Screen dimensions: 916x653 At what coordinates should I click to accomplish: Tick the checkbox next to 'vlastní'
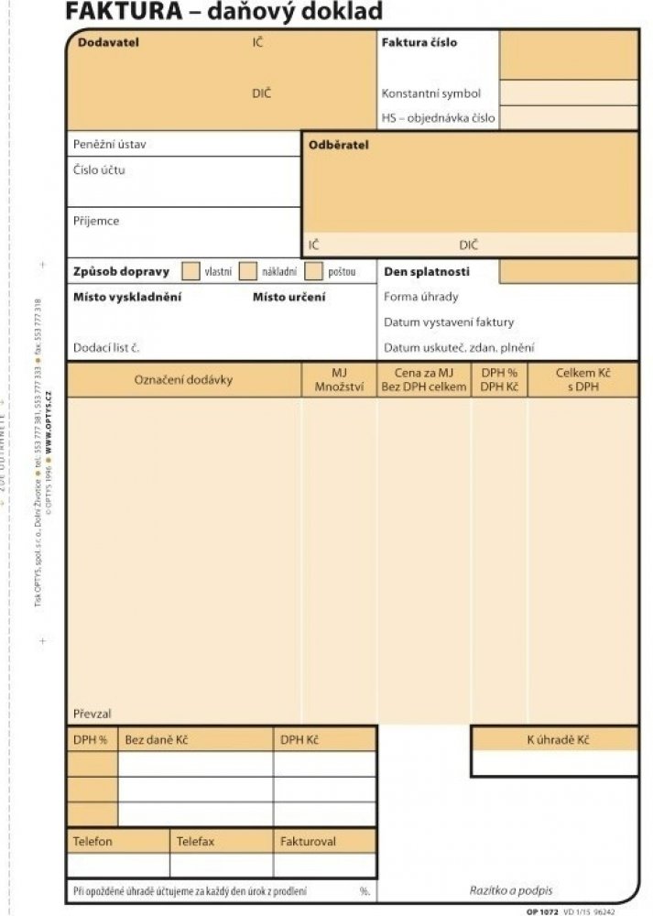click(190, 271)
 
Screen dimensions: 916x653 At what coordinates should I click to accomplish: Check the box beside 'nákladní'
click(247, 271)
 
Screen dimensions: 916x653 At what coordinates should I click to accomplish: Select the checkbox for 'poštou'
click(313, 271)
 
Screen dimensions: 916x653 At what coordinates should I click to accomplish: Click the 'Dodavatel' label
click(108, 43)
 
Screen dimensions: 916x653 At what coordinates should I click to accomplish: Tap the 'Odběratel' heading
click(339, 145)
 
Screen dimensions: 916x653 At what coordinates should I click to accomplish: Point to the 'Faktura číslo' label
click(419, 43)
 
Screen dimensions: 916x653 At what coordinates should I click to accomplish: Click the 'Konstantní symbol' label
click(430, 93)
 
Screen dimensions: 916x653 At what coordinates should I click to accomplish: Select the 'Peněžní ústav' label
click(109, 145)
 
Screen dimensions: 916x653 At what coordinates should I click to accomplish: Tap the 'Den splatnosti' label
click(426, 272)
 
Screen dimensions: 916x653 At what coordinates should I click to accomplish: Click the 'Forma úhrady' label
click(421, 297)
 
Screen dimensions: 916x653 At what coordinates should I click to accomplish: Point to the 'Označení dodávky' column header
click(183, 380)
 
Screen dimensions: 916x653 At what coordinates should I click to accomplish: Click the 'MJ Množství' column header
click(339, 380)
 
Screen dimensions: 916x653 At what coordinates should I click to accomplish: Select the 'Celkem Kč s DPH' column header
click(582, 380)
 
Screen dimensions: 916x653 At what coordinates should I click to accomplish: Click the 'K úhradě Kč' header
click(557, 739)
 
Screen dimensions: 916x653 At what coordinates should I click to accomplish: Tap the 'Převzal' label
click(92, 714)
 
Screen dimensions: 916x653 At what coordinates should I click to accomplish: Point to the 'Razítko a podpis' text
click(510, 890)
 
